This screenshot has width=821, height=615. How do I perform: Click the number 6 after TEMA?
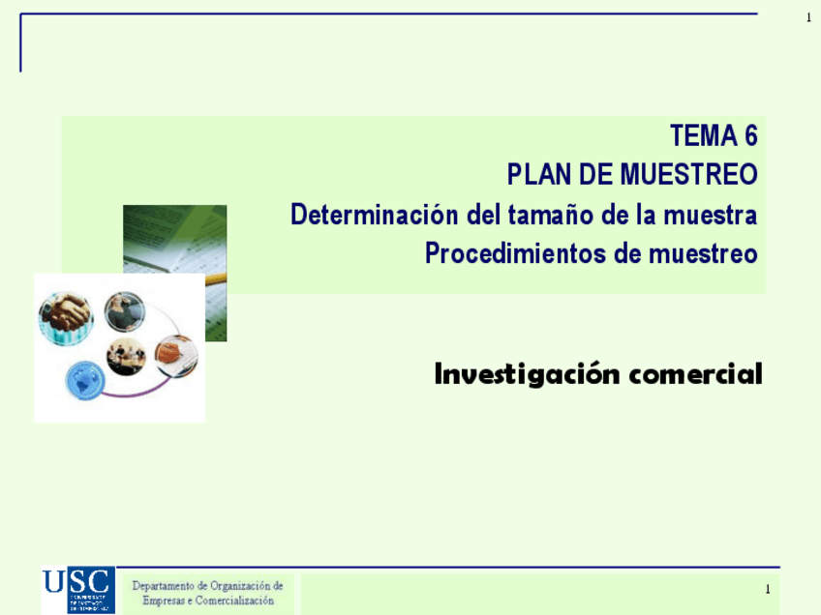pos(750,135)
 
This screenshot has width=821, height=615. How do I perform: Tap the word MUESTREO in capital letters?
pos(688,175)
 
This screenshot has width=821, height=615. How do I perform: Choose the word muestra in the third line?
pos(710,214)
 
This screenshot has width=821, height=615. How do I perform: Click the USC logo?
pos(77,589)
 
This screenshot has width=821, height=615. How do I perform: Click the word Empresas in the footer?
pos(166,600)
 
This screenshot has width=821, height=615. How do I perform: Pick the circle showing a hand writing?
pos(175,355)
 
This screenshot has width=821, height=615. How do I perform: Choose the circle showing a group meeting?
pos(126,356)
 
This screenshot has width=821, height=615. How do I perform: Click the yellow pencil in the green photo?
pos(215,278)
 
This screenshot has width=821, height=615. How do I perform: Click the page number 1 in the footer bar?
pos(767,589)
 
